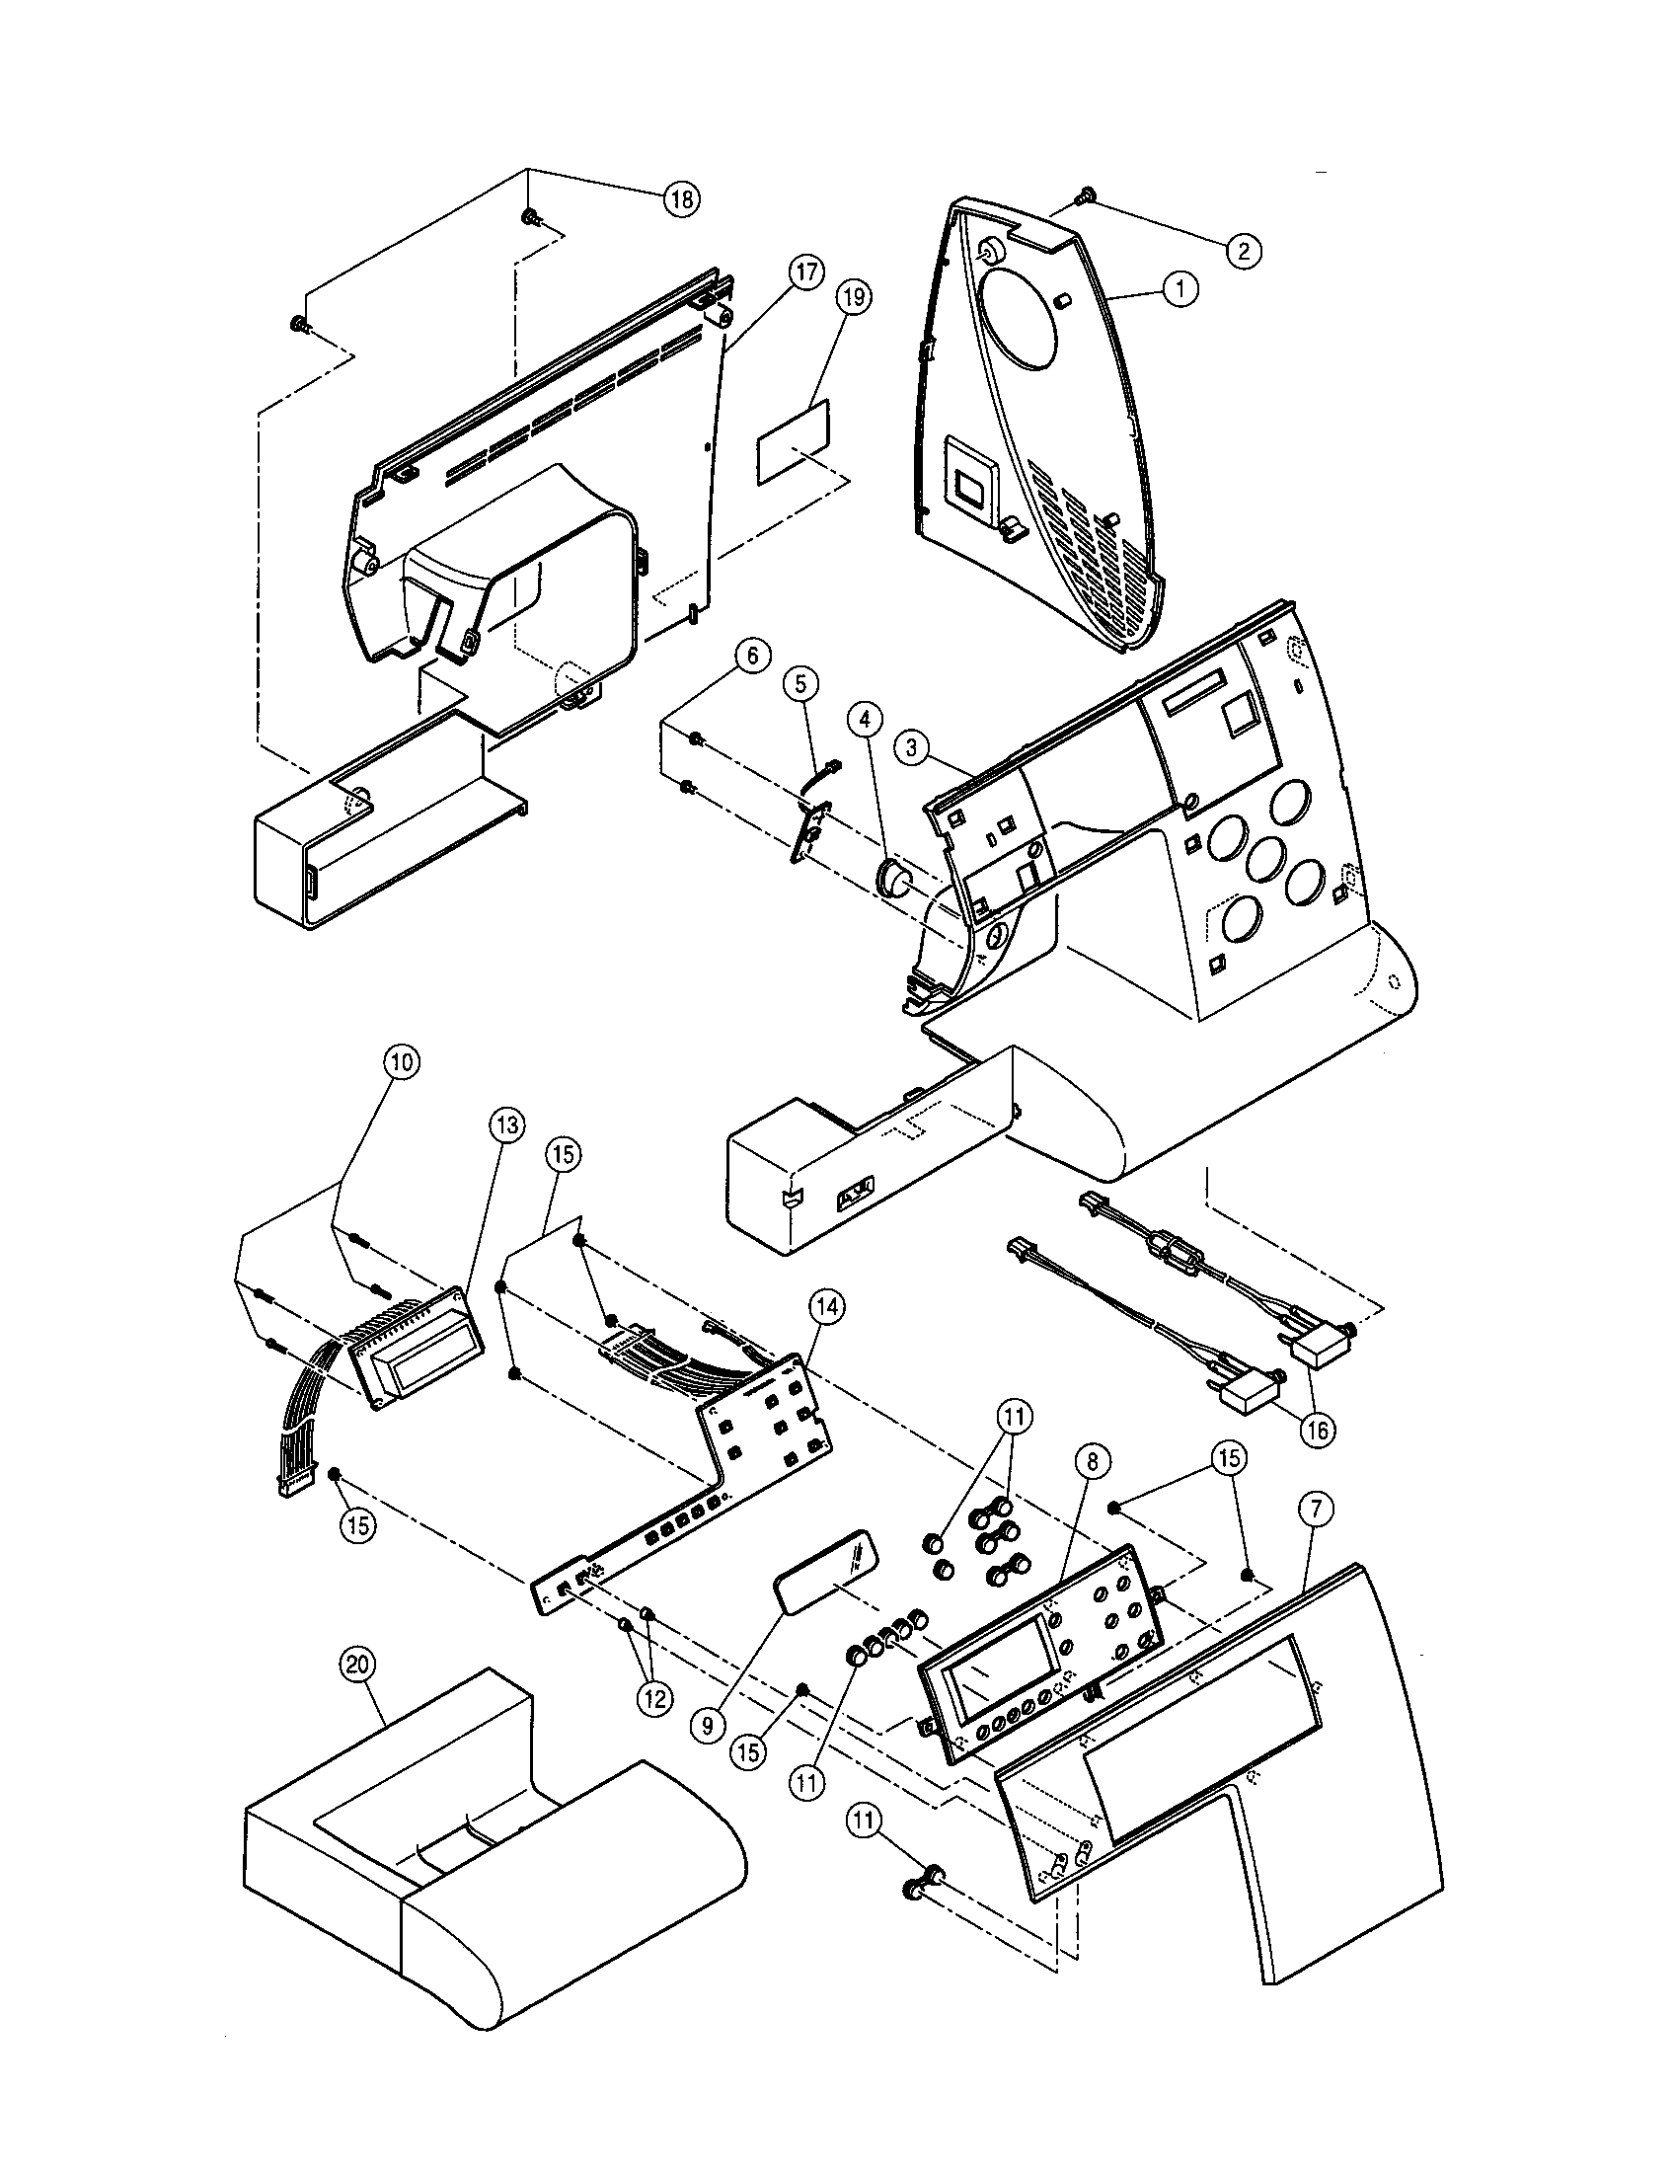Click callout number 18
tap(682, 197)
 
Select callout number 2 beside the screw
tap(1244, 250)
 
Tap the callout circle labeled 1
tap(1179, 289)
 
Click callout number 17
tap(806, 271)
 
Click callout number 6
tap(752, 656)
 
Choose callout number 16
tap(1317, 1431)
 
